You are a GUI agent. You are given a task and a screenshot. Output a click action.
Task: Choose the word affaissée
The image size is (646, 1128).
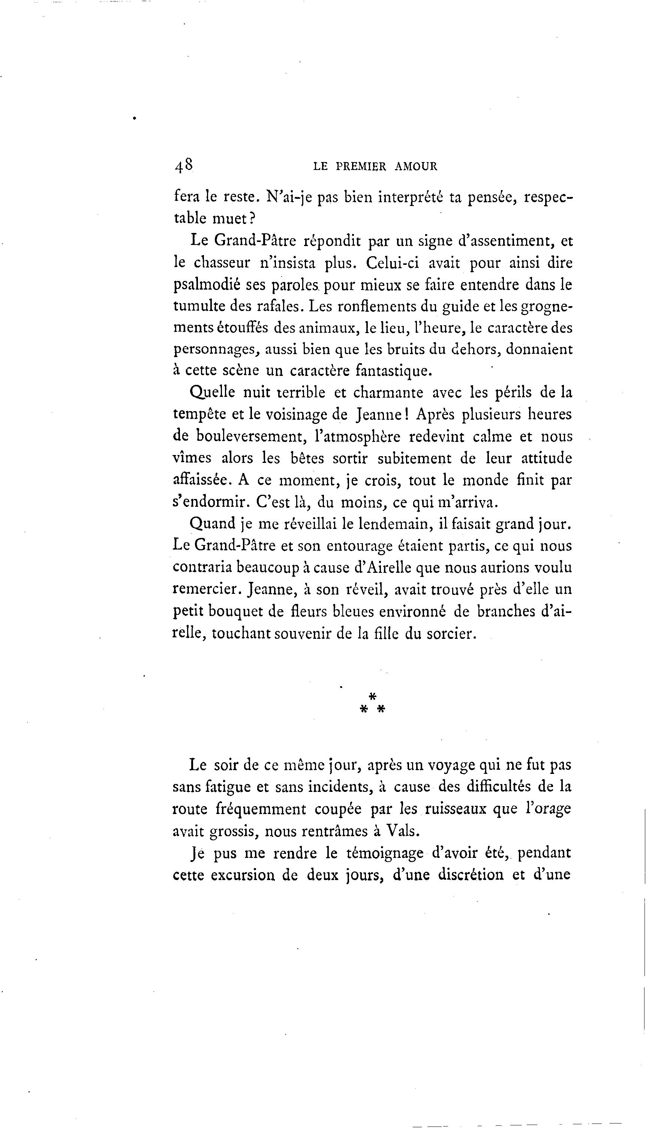[201, 480]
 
